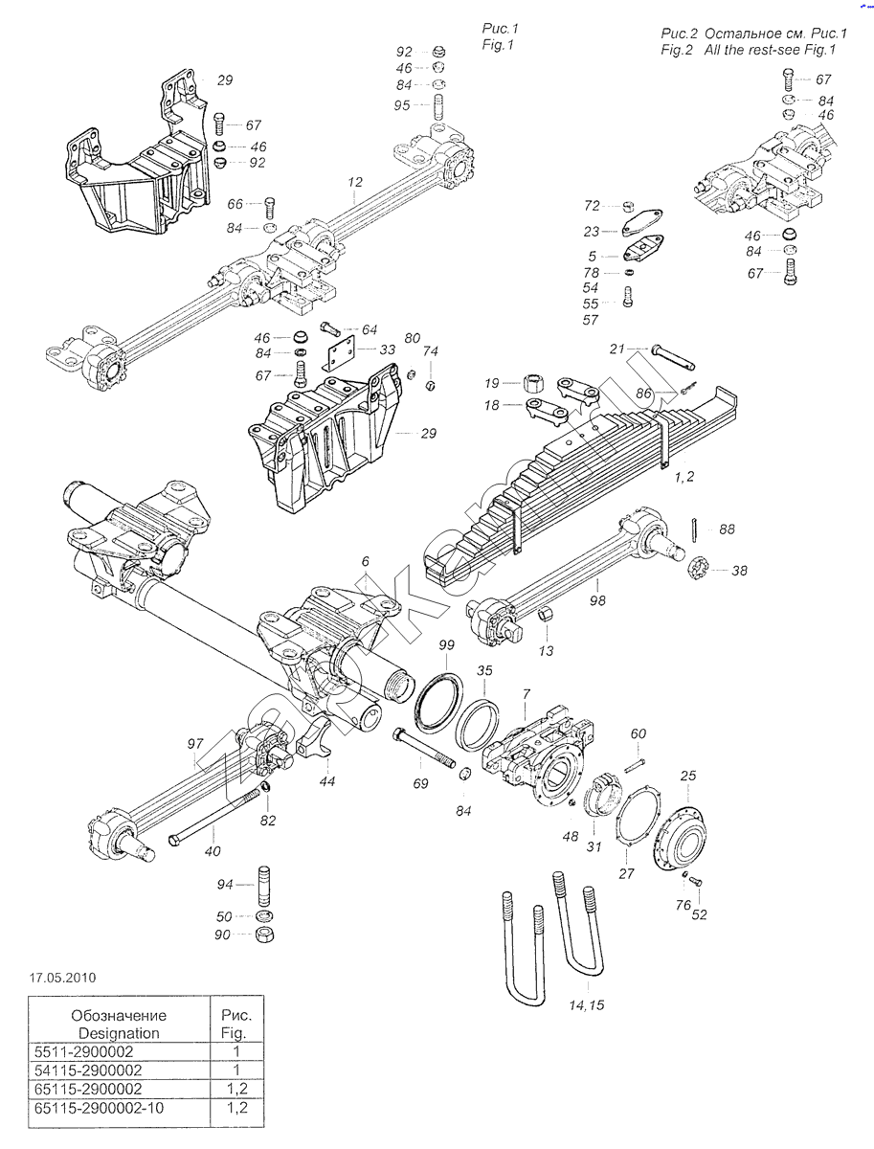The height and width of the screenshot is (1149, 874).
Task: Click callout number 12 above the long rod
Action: [x=355, y=181]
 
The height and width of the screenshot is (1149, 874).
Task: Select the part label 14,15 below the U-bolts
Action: [x=587, y=1004]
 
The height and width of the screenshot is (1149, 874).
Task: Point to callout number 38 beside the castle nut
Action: [x=739, y=570]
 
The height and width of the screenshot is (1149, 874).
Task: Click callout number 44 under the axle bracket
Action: [x=327, y=781]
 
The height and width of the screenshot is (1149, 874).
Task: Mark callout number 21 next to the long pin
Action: [x=617, y=349]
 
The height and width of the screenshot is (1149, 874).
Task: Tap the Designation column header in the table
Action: [x=119, y=1024]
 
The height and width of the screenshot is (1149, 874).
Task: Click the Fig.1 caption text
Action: [x=498, y=45]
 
